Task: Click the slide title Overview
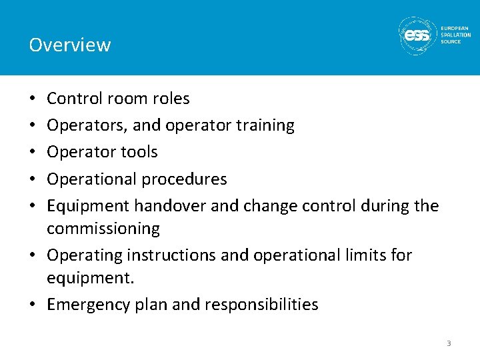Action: tap(69, 45)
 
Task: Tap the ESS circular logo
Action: tap(417, 35)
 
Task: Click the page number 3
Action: tap(449, 343)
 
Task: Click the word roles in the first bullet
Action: tap(171, 99)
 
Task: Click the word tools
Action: tap(139, 152)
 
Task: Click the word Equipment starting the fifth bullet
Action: tap(88, 206)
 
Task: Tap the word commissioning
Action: tap(103, 229)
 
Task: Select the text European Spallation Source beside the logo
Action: tap(455, 35)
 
